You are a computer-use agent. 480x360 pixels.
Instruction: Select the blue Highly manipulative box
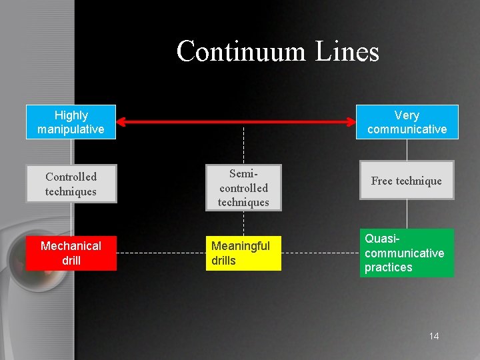click(71, 122)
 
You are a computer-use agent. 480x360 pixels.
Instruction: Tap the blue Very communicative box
click(407, 122)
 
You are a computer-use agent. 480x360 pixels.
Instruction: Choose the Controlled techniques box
click(71, 183)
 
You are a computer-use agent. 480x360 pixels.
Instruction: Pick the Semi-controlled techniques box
click(243, 187)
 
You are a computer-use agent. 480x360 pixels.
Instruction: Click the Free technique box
click(407, 180)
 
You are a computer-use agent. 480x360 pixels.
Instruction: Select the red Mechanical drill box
click(71, 253)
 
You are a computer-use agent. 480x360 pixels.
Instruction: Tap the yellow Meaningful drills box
click(243, 253)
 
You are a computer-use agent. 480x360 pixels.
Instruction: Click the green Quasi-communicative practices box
click(407, 253)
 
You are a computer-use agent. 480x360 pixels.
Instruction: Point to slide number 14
click(434, 336)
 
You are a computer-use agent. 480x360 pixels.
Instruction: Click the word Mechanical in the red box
click(71, 246)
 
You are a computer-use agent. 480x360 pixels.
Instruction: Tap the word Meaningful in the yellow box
click(241, 246)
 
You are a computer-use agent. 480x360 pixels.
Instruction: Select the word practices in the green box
click(389, 267)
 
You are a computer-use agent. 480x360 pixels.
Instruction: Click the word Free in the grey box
click(382, 181)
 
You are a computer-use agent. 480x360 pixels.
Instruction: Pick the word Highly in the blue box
click(71, 115)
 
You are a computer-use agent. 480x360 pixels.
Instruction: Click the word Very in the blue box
click(407, 115)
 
